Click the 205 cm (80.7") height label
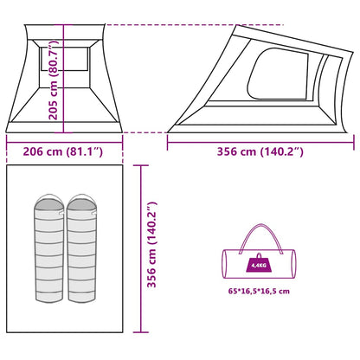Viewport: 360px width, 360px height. click(x=54, y=80)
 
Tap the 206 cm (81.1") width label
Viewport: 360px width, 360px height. click(x=63, y=151)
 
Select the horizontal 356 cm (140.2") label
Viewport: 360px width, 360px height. click(x=260, y=151)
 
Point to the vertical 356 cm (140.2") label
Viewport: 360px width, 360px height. click(x=151, y=245)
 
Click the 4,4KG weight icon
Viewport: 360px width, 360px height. click(x=259, y=263)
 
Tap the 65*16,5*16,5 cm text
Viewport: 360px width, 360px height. click(x=259, y=291)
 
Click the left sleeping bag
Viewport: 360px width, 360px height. click(x=49, y=248)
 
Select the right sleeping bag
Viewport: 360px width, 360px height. click(x=81, y=248)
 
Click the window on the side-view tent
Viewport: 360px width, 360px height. click(x=278, y=74)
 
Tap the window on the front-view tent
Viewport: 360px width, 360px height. click(x=64, y=59)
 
